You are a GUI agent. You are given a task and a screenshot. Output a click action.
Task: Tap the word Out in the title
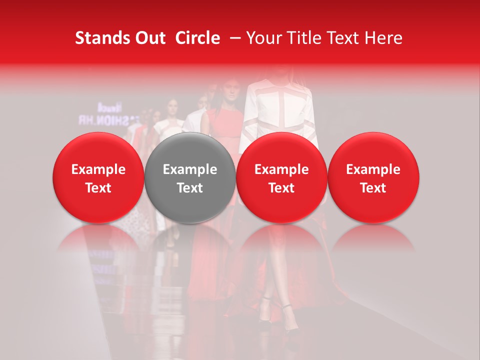pos(148,38)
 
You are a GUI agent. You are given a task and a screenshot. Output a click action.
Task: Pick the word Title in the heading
pos(301,38)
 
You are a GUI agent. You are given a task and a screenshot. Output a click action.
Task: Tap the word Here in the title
pos(382,38)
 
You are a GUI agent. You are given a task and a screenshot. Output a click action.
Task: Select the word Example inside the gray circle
pos(190,169)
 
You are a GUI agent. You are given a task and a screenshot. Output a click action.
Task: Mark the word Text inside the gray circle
pos(190,188)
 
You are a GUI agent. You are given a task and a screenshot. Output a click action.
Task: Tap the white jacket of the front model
pos(280,110)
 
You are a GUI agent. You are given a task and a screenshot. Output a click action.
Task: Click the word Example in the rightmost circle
pos(373,169)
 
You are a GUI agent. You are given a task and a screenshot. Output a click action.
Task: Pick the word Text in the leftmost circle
pos(98,188)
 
